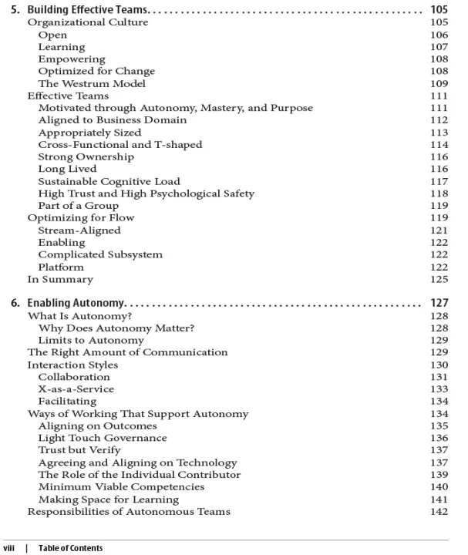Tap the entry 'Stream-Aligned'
coord(79,230)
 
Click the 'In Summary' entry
coord(60,279)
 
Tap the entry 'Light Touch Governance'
coord(102,438)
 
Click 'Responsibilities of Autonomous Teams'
coord(129,511)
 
